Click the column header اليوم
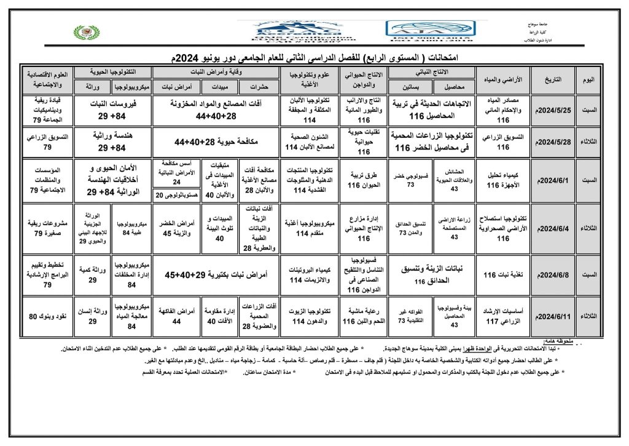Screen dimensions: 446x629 tap(588, 80)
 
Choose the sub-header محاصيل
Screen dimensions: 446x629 tap(454, 87)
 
